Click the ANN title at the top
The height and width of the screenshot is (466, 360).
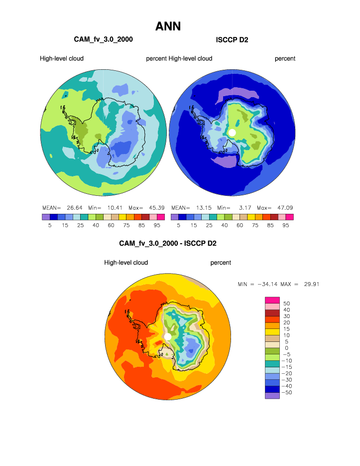point(168,26)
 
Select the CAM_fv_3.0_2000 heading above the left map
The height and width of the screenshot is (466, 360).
point(103,39)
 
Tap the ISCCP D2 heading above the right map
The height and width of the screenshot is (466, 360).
point(232,39)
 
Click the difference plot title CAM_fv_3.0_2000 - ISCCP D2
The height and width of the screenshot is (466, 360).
point(168,243)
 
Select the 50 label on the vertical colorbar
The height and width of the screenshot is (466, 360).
point(286,303)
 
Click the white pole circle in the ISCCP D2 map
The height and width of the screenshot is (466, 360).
point(232,132)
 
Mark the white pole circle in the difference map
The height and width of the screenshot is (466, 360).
point(168,337)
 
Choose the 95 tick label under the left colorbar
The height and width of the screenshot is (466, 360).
point(156,225)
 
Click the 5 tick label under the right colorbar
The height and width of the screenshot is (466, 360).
point(178,225)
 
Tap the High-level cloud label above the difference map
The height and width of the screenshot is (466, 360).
point(126,263)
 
